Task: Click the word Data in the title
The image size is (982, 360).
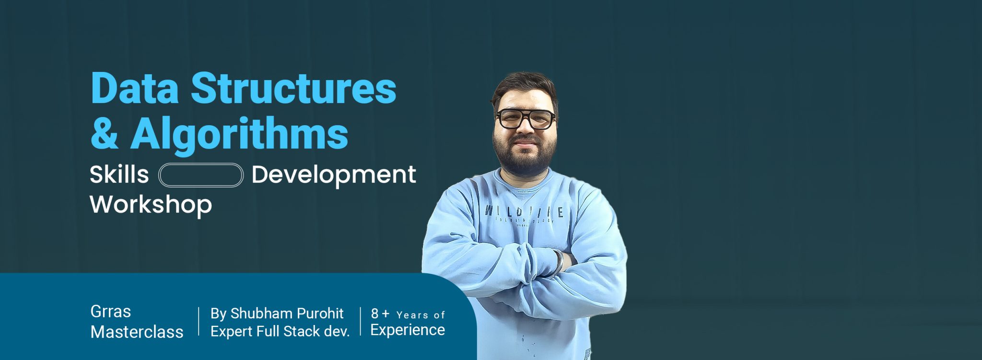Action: coord(135,89)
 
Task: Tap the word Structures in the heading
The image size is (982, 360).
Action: coord(293,89)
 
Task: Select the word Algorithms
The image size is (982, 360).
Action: coord(239,134)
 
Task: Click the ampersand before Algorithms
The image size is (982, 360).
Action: coord(104,134)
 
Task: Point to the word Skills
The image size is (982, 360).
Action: coord(119,174)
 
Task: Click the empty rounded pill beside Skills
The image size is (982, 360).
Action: coord(201,175)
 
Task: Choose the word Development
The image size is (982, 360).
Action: coord(334,175)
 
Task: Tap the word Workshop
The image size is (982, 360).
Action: coord(151,205)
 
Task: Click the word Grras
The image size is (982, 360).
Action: coord(110,312)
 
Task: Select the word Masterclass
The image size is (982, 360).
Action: coord(137,332)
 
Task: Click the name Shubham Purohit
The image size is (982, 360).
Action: coord(287,314)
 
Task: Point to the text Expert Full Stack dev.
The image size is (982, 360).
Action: coord(280,331)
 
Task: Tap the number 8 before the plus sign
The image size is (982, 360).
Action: coord(374,314)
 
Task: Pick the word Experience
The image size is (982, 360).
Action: coord(408,330)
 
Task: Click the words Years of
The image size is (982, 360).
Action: coord(421,315)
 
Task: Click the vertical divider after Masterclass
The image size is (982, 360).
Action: coord(199,321)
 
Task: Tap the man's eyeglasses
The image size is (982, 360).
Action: coord(526,119)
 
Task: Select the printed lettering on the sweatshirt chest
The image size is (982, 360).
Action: coord(524,212)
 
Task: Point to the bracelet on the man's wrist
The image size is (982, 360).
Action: coord(558,263)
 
